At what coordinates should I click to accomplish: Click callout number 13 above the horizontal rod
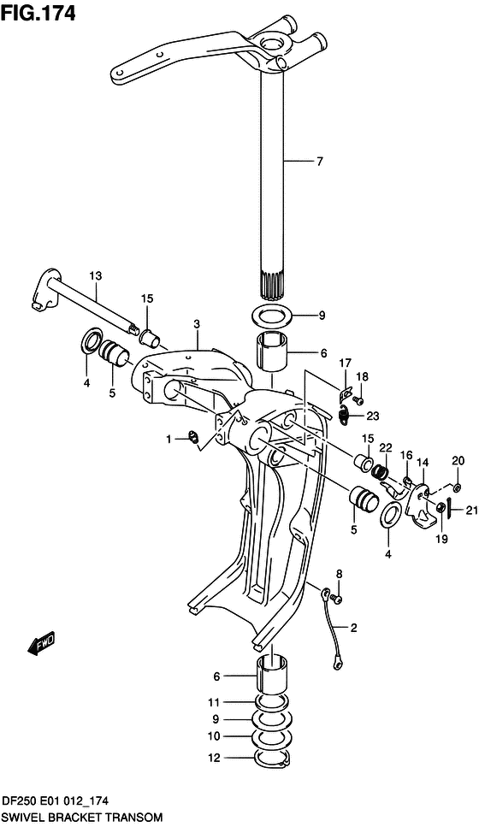95,275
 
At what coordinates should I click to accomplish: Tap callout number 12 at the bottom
215,757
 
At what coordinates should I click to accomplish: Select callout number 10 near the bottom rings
215,735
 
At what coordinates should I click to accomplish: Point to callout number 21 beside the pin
470,511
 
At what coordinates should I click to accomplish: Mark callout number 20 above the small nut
458,460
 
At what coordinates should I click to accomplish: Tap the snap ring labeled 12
272,759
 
